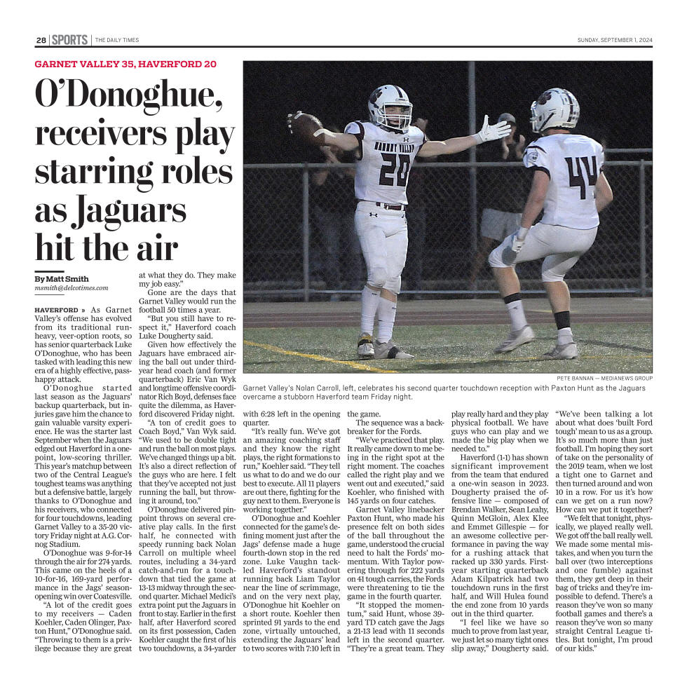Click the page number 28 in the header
pos(41,40)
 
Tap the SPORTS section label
pos(69,40)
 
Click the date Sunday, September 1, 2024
pos(614,40)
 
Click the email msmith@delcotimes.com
pos(72,288)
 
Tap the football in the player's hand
pos(306,127)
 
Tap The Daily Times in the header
pos(117,40)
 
